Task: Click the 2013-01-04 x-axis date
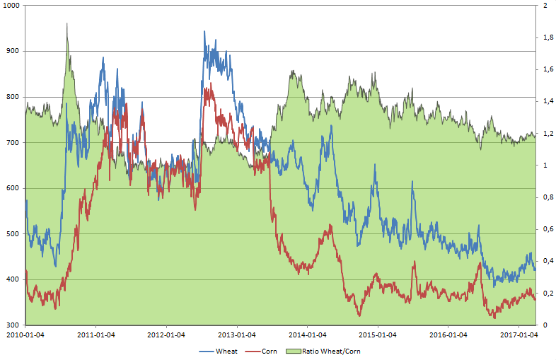pos(237,335)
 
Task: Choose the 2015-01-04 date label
pos(378,335)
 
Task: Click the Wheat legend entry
pos(223,351)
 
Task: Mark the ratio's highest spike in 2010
pos(67,23)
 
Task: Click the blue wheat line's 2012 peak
pos(204,31)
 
